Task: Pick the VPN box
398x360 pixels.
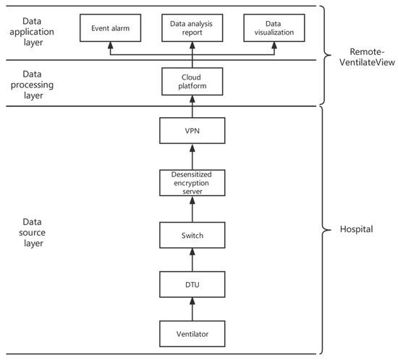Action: pyautogui.click(x=192, y=132)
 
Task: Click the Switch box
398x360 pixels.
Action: pyautogui.click(x=192, y=234)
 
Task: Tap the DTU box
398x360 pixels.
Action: pyautogui.click(x=192, y=285)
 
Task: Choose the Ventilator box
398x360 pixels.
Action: pyautogui.click(x=192, y=335)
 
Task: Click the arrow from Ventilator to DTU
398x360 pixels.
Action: pyautogui.click(x=192, y=310)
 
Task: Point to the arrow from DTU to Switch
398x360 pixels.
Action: pyautogui.click(x=192, y=260)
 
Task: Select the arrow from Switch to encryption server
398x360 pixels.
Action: pyautogui.click(x=192, y=210)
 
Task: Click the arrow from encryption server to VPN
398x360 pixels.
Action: pyautogui.click(x=192, y=158)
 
